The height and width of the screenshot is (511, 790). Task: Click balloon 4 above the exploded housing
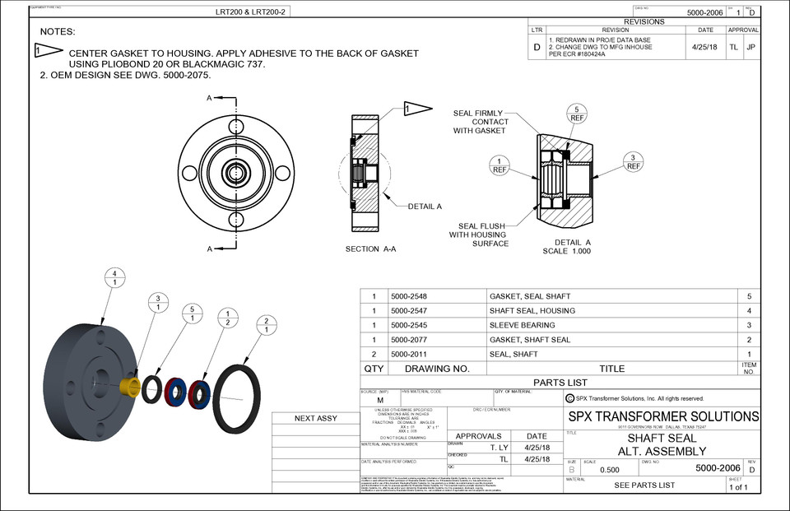pyautogui.click(x=115, y=278)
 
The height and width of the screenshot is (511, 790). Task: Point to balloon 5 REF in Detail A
pyautogui.click(x=578, y=114)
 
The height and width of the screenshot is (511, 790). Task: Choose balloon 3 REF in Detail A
pyautogui.click(x=633, y=161)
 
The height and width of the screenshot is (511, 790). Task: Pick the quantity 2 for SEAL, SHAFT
pyautogui.click(x=374, y=354)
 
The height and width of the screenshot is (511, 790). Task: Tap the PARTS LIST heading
pyautogui.click(x=560, y=383)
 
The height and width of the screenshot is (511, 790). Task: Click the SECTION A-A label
pyautogui.click(x=370, y=249)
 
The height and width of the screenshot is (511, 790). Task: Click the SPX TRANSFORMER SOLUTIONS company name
pyautogui.click(x=663, y=416)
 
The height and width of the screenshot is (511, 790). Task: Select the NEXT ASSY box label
pyautogui.click(x=316, y=418)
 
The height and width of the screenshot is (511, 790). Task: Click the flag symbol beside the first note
pyautogui.click(x=50, y=51)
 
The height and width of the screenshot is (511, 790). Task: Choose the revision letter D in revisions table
pyautogui.click(x=537, y=48)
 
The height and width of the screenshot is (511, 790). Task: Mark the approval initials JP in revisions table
pyautogui.click(x=750, y=48)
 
